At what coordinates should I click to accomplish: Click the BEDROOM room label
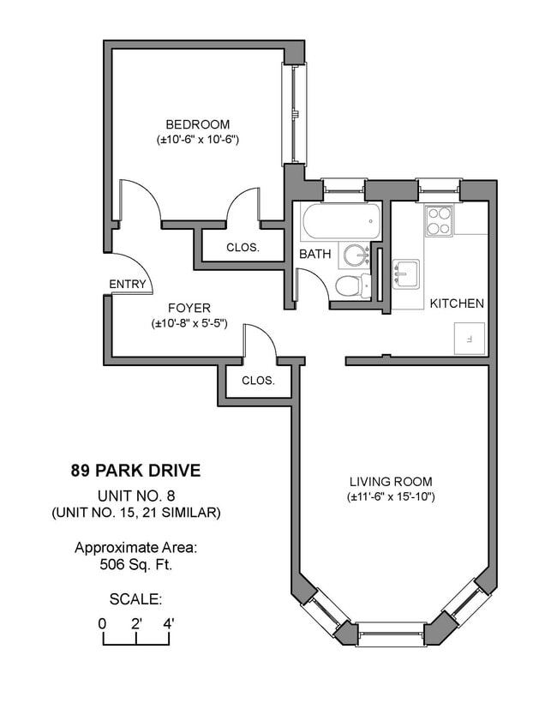click(198, 124)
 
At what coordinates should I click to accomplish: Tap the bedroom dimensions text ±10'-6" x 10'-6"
click(198, 139)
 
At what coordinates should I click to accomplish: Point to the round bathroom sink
click(354, 255)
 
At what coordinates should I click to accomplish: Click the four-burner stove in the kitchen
click(439, 221)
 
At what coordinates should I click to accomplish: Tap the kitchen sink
click(406, 273)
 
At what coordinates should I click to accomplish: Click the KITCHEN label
click(457, 303)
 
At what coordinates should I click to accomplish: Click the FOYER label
click(189, 309)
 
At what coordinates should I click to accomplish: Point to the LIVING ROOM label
click(391, 482)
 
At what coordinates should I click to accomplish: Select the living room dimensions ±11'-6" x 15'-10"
click(391, 496)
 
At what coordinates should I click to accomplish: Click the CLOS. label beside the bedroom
click(243, 248)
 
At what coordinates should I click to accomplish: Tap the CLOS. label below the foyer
click(258, 381)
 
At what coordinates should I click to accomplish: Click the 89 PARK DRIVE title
click(135, 471)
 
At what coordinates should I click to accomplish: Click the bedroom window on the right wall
click(294, 114)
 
